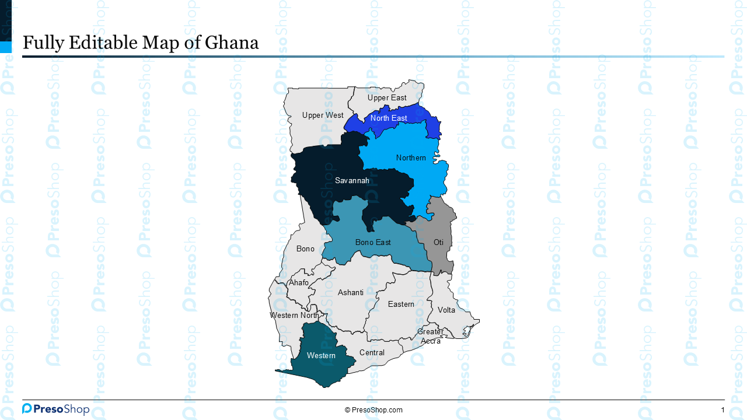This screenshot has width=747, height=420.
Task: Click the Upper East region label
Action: [x=387, y=98]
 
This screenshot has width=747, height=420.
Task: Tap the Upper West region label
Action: [x=323, y=116]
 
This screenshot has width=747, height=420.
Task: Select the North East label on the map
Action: [x=389, y=118]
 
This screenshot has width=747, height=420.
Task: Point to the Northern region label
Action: [x=411, y=158]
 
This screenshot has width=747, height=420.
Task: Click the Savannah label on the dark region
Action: [x=352, y=181]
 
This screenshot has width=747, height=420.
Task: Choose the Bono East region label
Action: [x=373, y=242]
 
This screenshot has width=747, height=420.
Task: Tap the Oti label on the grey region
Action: [x=438, y=242]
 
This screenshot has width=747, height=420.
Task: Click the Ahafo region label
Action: [x=299, y=283]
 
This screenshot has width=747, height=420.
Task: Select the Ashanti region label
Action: [x=351, y=293]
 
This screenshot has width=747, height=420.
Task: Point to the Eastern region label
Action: [x=401, y=304]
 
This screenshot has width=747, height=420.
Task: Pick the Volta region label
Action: [x=446, y=310]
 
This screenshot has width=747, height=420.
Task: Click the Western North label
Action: [x=295, y=316]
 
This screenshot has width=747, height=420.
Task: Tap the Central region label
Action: [x=372, y=353]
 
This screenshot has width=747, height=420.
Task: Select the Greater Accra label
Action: [x=431, y=337]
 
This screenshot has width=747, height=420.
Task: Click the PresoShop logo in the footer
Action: [x=55, y=409]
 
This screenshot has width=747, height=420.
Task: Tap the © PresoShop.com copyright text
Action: [x=373, y=410]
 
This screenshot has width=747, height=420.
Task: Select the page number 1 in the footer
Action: [x=722, y=410]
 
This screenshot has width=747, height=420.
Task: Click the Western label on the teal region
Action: [x=321, y=356]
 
